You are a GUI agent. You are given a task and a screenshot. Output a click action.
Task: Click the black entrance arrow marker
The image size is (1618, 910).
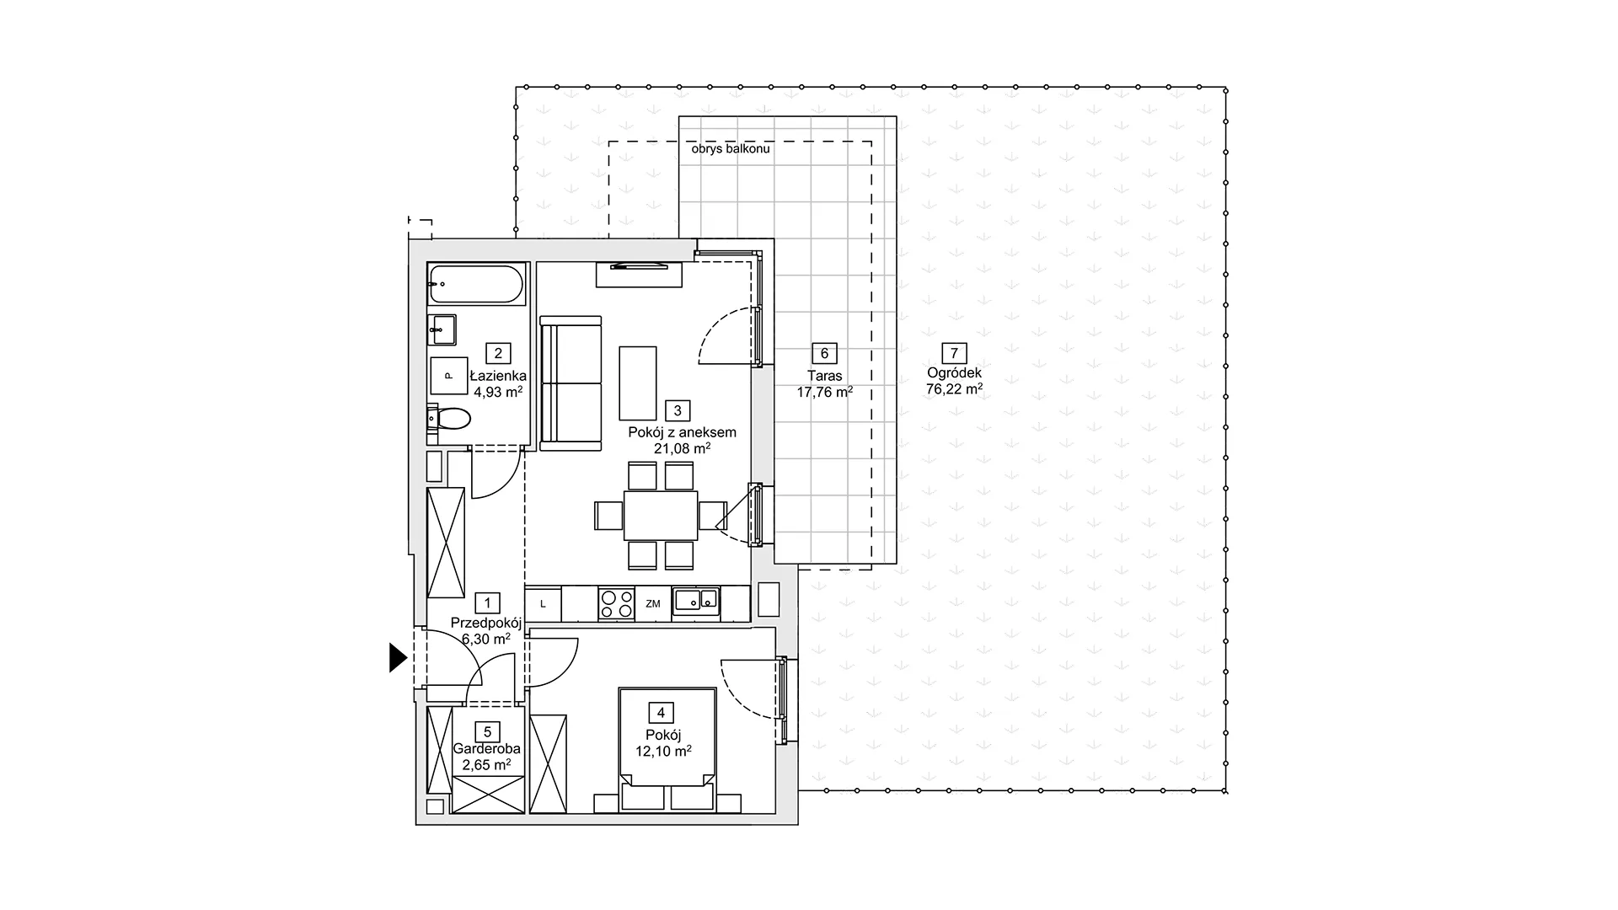(398, 657)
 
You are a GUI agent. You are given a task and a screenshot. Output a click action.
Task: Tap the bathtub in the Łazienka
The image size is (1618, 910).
(476, 284)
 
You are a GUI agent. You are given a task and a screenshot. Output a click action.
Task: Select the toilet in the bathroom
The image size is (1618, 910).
(448, 418)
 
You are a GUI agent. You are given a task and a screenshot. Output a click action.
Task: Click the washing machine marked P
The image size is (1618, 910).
(449, 376)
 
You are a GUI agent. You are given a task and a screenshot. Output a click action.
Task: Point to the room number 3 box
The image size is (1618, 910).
(678, 410)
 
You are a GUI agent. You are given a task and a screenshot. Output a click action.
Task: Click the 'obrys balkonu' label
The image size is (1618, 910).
(731, 149)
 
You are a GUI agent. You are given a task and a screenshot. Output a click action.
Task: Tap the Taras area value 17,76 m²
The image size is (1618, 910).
(825, 392)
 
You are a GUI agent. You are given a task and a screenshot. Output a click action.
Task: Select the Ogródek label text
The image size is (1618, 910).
(954, 373)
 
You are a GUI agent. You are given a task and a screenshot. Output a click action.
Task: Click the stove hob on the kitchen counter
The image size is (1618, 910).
(616, 603)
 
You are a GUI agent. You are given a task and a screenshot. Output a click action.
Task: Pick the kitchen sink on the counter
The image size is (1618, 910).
(696, 601)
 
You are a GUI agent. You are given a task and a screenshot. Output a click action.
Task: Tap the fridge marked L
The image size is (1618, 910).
(544, 604)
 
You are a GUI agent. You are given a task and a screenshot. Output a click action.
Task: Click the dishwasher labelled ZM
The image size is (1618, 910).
(653, 604)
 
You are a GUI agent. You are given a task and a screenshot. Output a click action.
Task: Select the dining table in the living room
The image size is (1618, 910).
(661, 516)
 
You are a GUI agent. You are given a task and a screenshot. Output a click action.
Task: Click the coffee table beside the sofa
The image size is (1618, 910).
(638, 383)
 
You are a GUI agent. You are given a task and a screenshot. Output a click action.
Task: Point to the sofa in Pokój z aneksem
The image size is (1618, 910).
(571, 383)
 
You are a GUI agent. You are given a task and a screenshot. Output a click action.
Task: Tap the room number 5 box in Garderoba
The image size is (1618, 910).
(487, 732)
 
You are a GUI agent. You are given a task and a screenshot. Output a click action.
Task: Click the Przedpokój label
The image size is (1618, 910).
(486, 623)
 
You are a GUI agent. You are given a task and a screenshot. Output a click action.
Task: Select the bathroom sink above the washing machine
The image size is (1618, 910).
(442, 329)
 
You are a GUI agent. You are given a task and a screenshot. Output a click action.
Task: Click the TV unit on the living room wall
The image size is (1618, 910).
(639, 275)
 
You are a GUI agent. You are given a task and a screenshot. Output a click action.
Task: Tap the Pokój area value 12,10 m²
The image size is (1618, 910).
(663, 751)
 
